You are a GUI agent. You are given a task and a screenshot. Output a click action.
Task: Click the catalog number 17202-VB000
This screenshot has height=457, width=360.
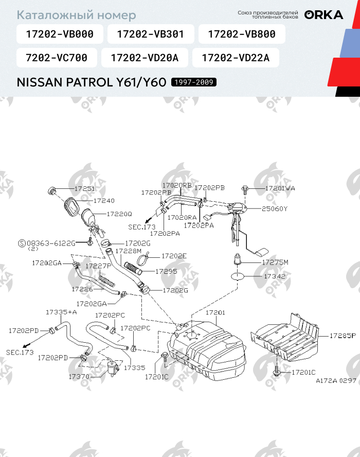(x=60, y=34)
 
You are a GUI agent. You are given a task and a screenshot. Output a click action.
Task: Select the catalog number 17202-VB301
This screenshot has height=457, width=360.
(x=150, y=34)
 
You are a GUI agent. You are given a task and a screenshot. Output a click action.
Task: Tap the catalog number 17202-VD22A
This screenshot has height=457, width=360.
(x=236, y=58)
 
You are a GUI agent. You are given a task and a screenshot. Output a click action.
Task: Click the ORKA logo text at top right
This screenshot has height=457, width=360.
(x=323, y=15)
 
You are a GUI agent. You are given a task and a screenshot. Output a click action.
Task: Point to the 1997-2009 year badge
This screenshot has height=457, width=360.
(x=194, y=82)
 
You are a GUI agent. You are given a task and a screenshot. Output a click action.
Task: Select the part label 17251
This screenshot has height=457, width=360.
(x=84, y=189)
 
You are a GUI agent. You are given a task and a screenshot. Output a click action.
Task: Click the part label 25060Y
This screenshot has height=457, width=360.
(x=275, y=209)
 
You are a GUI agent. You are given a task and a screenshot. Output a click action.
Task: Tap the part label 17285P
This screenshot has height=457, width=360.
(x=343, y=336)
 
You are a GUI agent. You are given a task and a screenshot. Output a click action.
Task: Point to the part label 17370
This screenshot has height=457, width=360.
(x=79, y=377)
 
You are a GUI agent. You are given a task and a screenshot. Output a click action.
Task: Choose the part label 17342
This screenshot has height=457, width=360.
(x=275, y=276)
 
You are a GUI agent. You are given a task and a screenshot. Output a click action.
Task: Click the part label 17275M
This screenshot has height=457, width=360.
(x=275, y=262)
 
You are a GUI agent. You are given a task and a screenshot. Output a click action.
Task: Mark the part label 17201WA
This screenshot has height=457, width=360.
(x=280, y=189)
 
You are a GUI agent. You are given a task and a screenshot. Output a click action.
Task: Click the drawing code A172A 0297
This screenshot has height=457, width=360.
(x=336, y=381)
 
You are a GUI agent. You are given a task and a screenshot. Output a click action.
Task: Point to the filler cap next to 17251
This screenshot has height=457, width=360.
(x=52, y=191)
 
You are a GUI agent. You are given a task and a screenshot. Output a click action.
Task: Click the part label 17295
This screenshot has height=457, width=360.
(x=166, y=271)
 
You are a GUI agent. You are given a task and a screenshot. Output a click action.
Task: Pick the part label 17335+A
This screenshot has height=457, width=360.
(x=61, y=312)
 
